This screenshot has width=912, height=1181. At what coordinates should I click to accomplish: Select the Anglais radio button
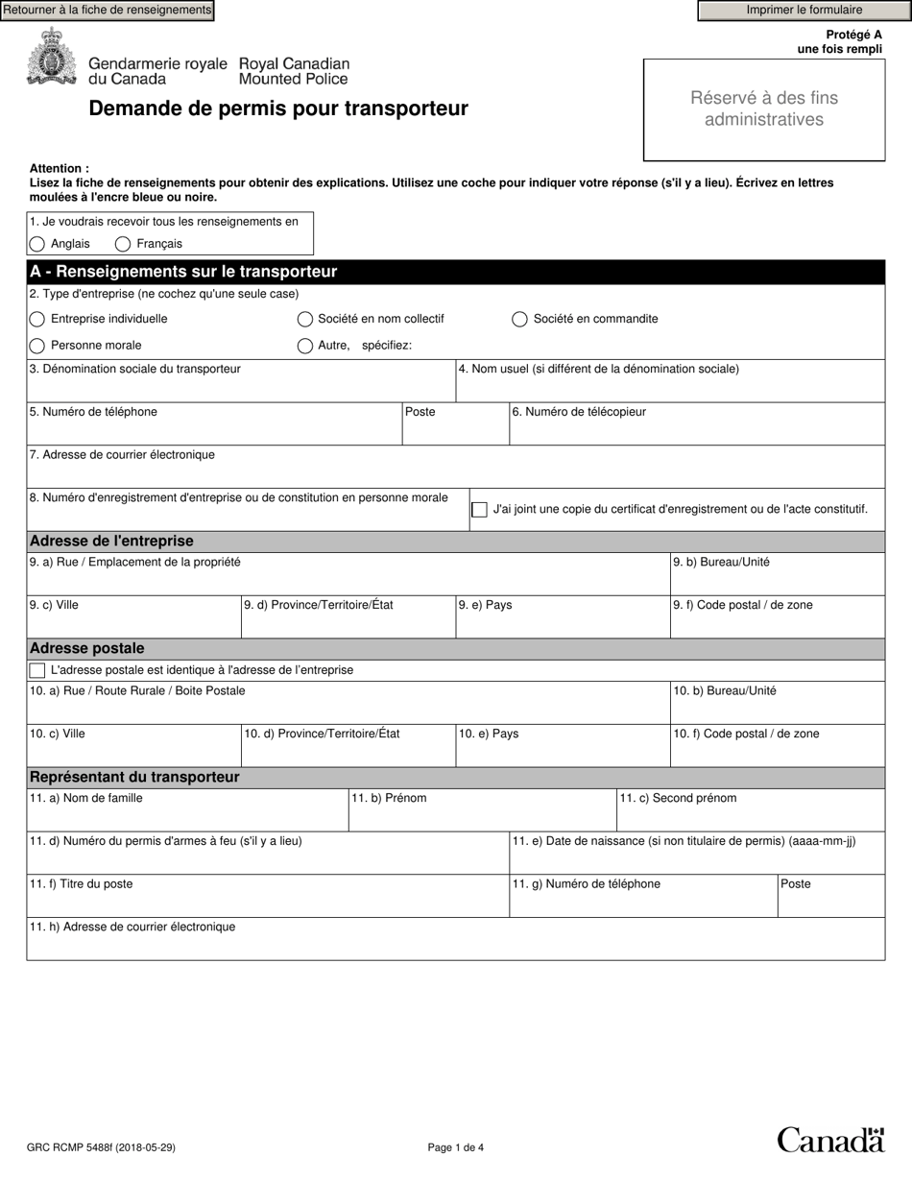(x=37, y=244)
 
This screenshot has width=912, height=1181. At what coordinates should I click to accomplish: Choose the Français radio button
(x=123, y=244)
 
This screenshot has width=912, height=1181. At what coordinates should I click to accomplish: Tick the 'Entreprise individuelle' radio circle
(x=37, y=319)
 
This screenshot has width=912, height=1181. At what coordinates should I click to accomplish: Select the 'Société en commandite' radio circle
(x=519, y=319)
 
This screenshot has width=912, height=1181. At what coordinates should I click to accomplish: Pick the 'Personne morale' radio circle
(x=37, y=346)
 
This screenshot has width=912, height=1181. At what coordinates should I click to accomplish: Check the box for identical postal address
(x=37, y=670)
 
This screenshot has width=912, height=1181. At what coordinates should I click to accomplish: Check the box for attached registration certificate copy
(x=479, y=510)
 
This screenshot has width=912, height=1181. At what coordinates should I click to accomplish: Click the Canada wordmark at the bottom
(x=829, y=1140)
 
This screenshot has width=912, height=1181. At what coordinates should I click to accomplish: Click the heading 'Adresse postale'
(x=87, y=649)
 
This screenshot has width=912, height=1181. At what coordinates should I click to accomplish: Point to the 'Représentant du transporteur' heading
(x=134, y=778)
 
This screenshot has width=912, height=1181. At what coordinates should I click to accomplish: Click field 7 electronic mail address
(x=455, y=472)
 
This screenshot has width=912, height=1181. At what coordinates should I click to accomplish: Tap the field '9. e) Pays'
(x=562, y=623)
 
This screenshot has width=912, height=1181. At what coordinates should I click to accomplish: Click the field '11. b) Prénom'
(x=482, y=816)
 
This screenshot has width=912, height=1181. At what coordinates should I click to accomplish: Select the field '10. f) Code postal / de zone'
(x=777, y=752)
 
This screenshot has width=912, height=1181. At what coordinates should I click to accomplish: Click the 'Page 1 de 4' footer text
(x=455, y=1147)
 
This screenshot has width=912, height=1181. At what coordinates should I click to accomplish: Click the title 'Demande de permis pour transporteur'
(x=278, y=108)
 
